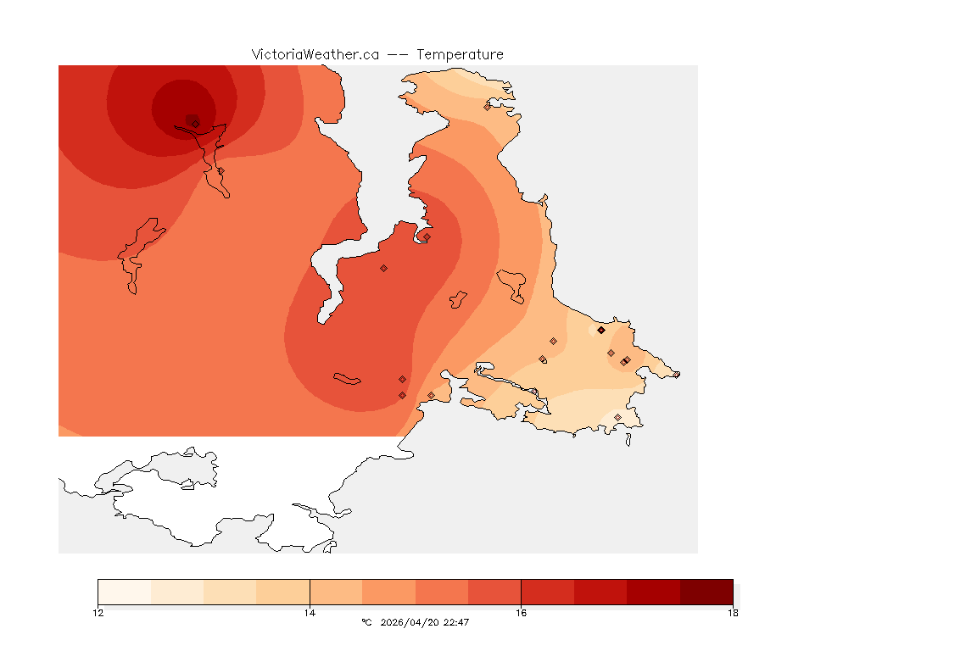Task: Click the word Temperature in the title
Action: point(459,54)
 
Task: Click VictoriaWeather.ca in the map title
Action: point(315,54)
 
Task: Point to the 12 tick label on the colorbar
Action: point(98,613)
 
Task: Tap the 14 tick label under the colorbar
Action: point(310,613)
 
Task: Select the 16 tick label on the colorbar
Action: point(521,613)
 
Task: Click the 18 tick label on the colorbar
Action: point(733,613)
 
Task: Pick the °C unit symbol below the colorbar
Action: point(366,623)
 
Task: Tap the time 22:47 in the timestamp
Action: point(456,623)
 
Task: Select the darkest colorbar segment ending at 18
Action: point(706,592)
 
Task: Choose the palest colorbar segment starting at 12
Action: point(125,592)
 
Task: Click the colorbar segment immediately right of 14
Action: point(336,592)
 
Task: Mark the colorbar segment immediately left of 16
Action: point(494,592)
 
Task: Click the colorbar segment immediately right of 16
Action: point(547,592)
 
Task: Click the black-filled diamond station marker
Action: point(600,330)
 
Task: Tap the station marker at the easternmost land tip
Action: point(676,375)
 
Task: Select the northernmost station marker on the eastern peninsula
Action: point(488,107)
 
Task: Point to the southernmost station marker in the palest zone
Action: point(617,417)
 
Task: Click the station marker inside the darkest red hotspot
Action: point(195,123)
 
